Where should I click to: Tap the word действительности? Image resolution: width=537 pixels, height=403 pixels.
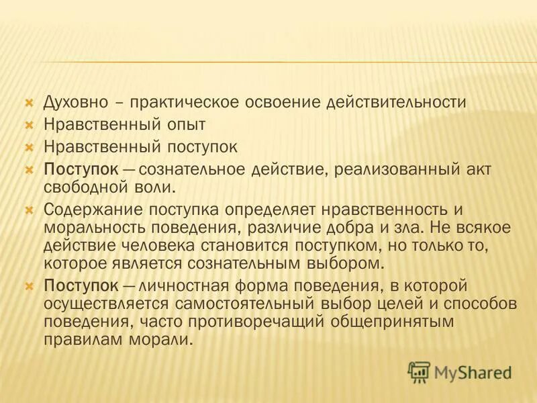395,103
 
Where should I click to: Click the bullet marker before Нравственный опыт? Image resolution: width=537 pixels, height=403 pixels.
28,125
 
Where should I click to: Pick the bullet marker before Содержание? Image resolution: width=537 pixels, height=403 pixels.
28,210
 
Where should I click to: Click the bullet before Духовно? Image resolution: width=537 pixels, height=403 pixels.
28,103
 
